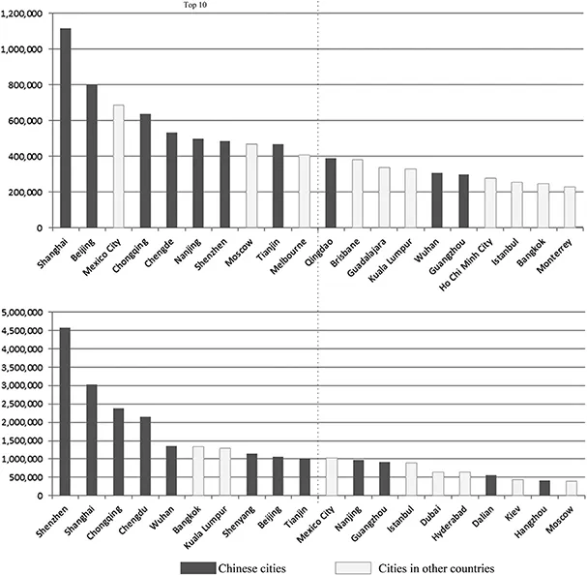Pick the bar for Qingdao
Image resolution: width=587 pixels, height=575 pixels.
[330, 193]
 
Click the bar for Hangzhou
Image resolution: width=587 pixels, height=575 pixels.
[543, 488]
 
